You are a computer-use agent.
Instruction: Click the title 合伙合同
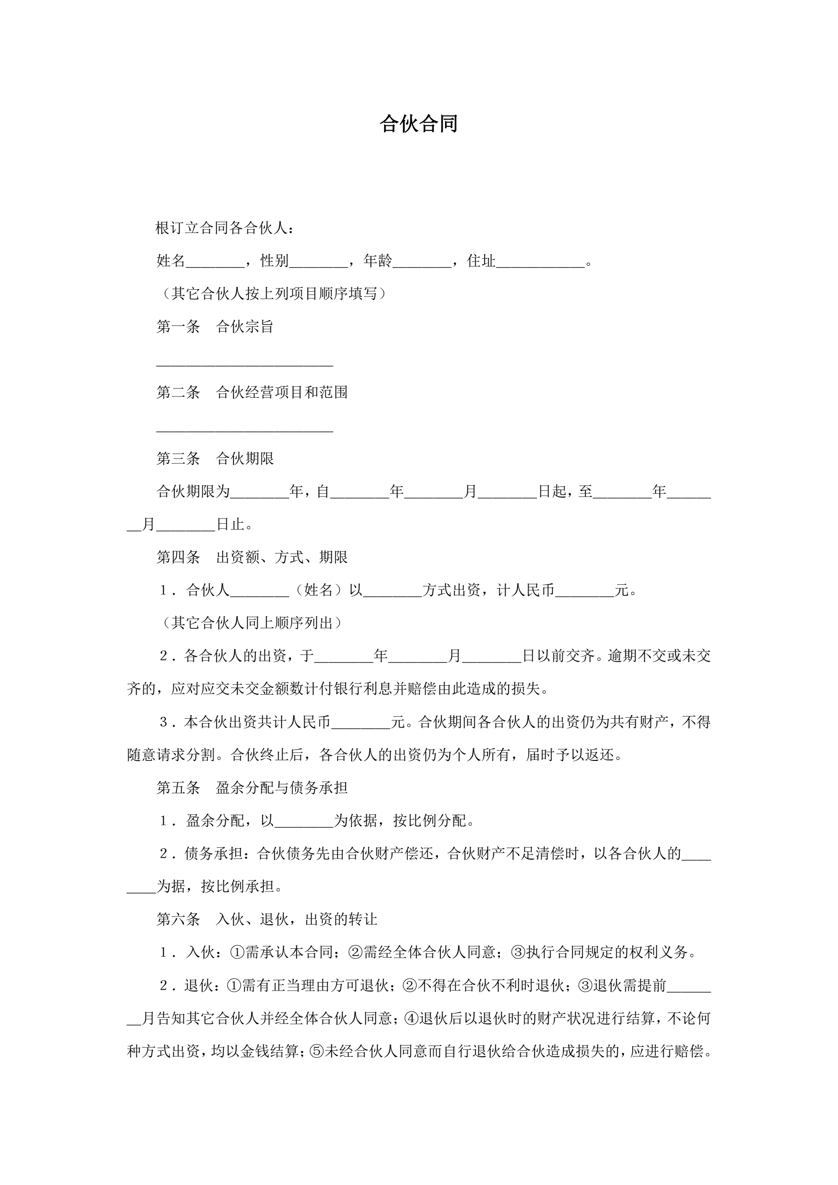coord(418,124)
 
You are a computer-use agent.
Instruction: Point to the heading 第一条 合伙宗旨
coord(215,327)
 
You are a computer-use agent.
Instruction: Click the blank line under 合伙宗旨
coord(245,364)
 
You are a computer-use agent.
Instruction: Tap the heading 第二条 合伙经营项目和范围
coord(252,392)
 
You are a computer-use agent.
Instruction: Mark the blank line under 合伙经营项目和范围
coord(245,429)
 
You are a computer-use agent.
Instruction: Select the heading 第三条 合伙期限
coord(215,458)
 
